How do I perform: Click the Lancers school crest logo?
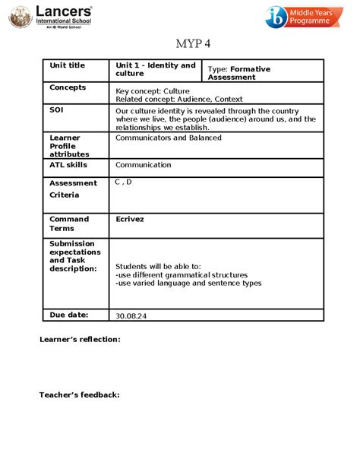click(17, 16)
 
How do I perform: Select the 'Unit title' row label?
click(68, 65)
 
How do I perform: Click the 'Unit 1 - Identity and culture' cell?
click(155, 69)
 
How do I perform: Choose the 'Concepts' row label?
click(68, 87)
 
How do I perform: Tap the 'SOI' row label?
click(57, 110)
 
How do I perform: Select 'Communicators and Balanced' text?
click(169, 138)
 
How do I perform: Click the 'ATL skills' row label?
click(68, 165)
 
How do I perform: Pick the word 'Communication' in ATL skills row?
click(144, 165)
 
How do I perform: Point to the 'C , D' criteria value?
click(123, 182)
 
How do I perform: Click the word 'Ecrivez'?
click(130, 219)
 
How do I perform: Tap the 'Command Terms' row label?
click(69, 223)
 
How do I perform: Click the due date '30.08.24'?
click(130, 315)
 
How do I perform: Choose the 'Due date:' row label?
click(68, 313)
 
